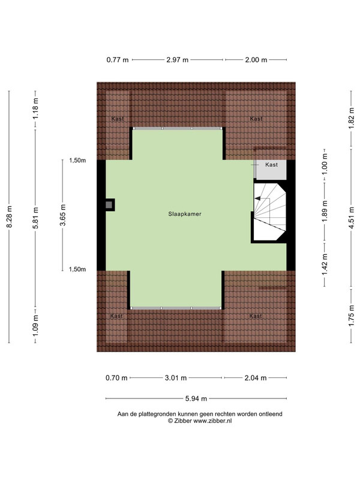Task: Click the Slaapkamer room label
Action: tap(185, 214)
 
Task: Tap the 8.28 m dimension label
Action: tap(10, 217)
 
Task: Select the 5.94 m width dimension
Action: tap(196, 398)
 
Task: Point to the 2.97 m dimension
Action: tap(177, 60)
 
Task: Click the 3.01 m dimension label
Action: tap(176, 378)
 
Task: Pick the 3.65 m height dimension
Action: tap(63, 215)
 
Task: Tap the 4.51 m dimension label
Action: tap(352, 218)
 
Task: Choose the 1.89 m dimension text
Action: tap(325, 211)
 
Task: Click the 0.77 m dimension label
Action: tap(118, 60)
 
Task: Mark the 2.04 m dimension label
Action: tap(256, 378)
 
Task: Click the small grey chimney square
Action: tap(109, 205)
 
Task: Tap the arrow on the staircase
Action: tap(257, 199)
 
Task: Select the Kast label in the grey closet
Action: tap(272, 164)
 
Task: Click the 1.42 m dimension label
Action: tap(325, 265)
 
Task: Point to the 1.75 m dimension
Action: tap(352, 316)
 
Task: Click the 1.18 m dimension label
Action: tap(36, 109)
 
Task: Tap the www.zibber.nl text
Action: tap(212, 421)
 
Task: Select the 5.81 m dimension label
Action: tap(36, 218)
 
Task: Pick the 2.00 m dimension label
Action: tap(256, 60)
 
